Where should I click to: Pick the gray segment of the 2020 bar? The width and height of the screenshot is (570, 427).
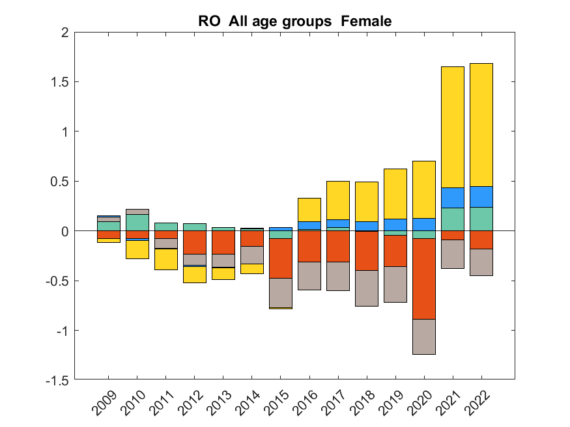point(424,337)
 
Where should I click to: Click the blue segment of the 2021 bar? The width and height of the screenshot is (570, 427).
point(453,197)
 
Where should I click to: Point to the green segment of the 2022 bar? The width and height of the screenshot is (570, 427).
point(481,219)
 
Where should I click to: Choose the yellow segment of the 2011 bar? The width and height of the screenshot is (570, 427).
point(166,259)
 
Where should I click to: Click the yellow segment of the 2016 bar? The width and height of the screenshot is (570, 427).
point(309,210)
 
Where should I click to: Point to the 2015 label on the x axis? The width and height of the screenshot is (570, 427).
point(279,404)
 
